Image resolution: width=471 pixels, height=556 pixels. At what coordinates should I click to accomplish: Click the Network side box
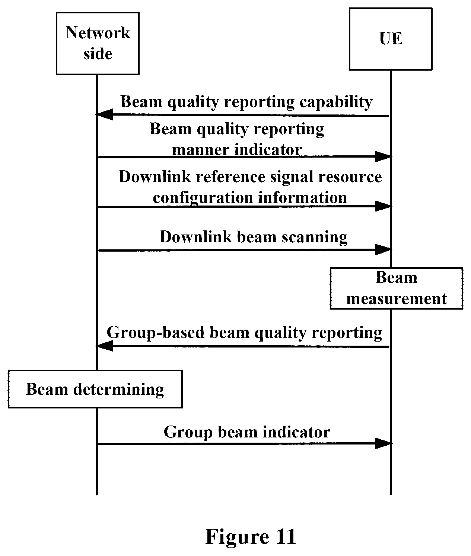coord(98,43)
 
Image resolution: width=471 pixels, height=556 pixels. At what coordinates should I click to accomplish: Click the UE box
coord(391,39)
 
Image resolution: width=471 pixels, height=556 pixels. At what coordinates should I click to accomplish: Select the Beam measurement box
coord(396,288)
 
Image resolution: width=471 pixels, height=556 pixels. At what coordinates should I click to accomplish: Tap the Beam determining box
coord(95,389)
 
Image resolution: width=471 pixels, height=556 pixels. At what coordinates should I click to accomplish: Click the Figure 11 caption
coord(250,536)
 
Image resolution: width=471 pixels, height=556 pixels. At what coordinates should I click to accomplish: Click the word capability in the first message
coord(336,102)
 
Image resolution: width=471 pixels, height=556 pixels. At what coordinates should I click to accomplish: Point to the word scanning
coord(315,237)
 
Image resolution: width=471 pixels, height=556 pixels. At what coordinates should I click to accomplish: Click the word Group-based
coord(156,333)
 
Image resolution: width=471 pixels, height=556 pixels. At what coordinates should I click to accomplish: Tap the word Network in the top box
coord(98,33)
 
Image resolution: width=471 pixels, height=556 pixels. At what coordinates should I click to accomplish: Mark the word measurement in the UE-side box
coord(397,299)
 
